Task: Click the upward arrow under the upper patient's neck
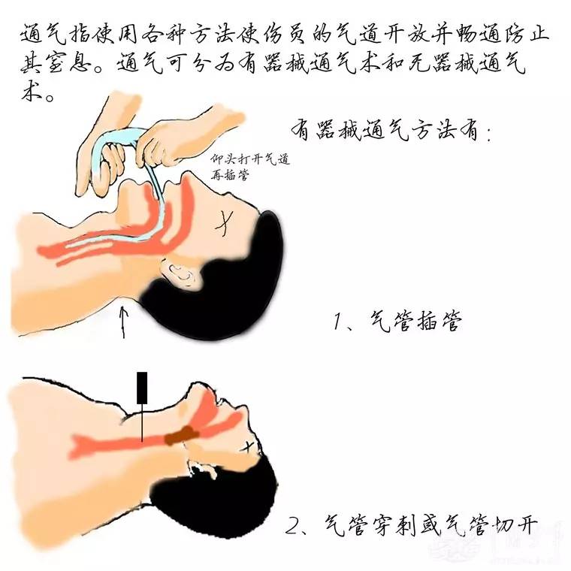pos(124,322)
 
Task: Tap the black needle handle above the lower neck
pos(142,388)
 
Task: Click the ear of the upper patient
pos(181,271)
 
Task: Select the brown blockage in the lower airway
pos(181,435)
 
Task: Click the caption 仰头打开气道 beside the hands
pos(250,159)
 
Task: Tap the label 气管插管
pos(415,322)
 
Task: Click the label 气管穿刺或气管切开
pos(431,524)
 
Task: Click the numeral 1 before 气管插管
pos(338,322)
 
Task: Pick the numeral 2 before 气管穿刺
pos(292,525)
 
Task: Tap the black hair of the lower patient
pos(215,499)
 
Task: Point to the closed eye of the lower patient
pos(248,446)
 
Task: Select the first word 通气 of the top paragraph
pos(43,35)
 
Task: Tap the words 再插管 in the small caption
pos(230,175)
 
